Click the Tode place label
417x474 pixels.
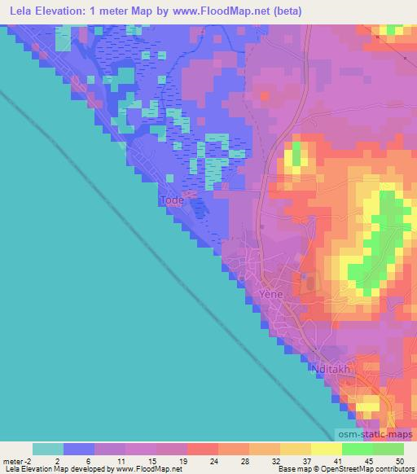click(x=171, y=199)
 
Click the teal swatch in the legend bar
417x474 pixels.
click(x=48, y=449)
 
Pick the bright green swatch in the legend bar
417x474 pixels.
click(x=357, y=449)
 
